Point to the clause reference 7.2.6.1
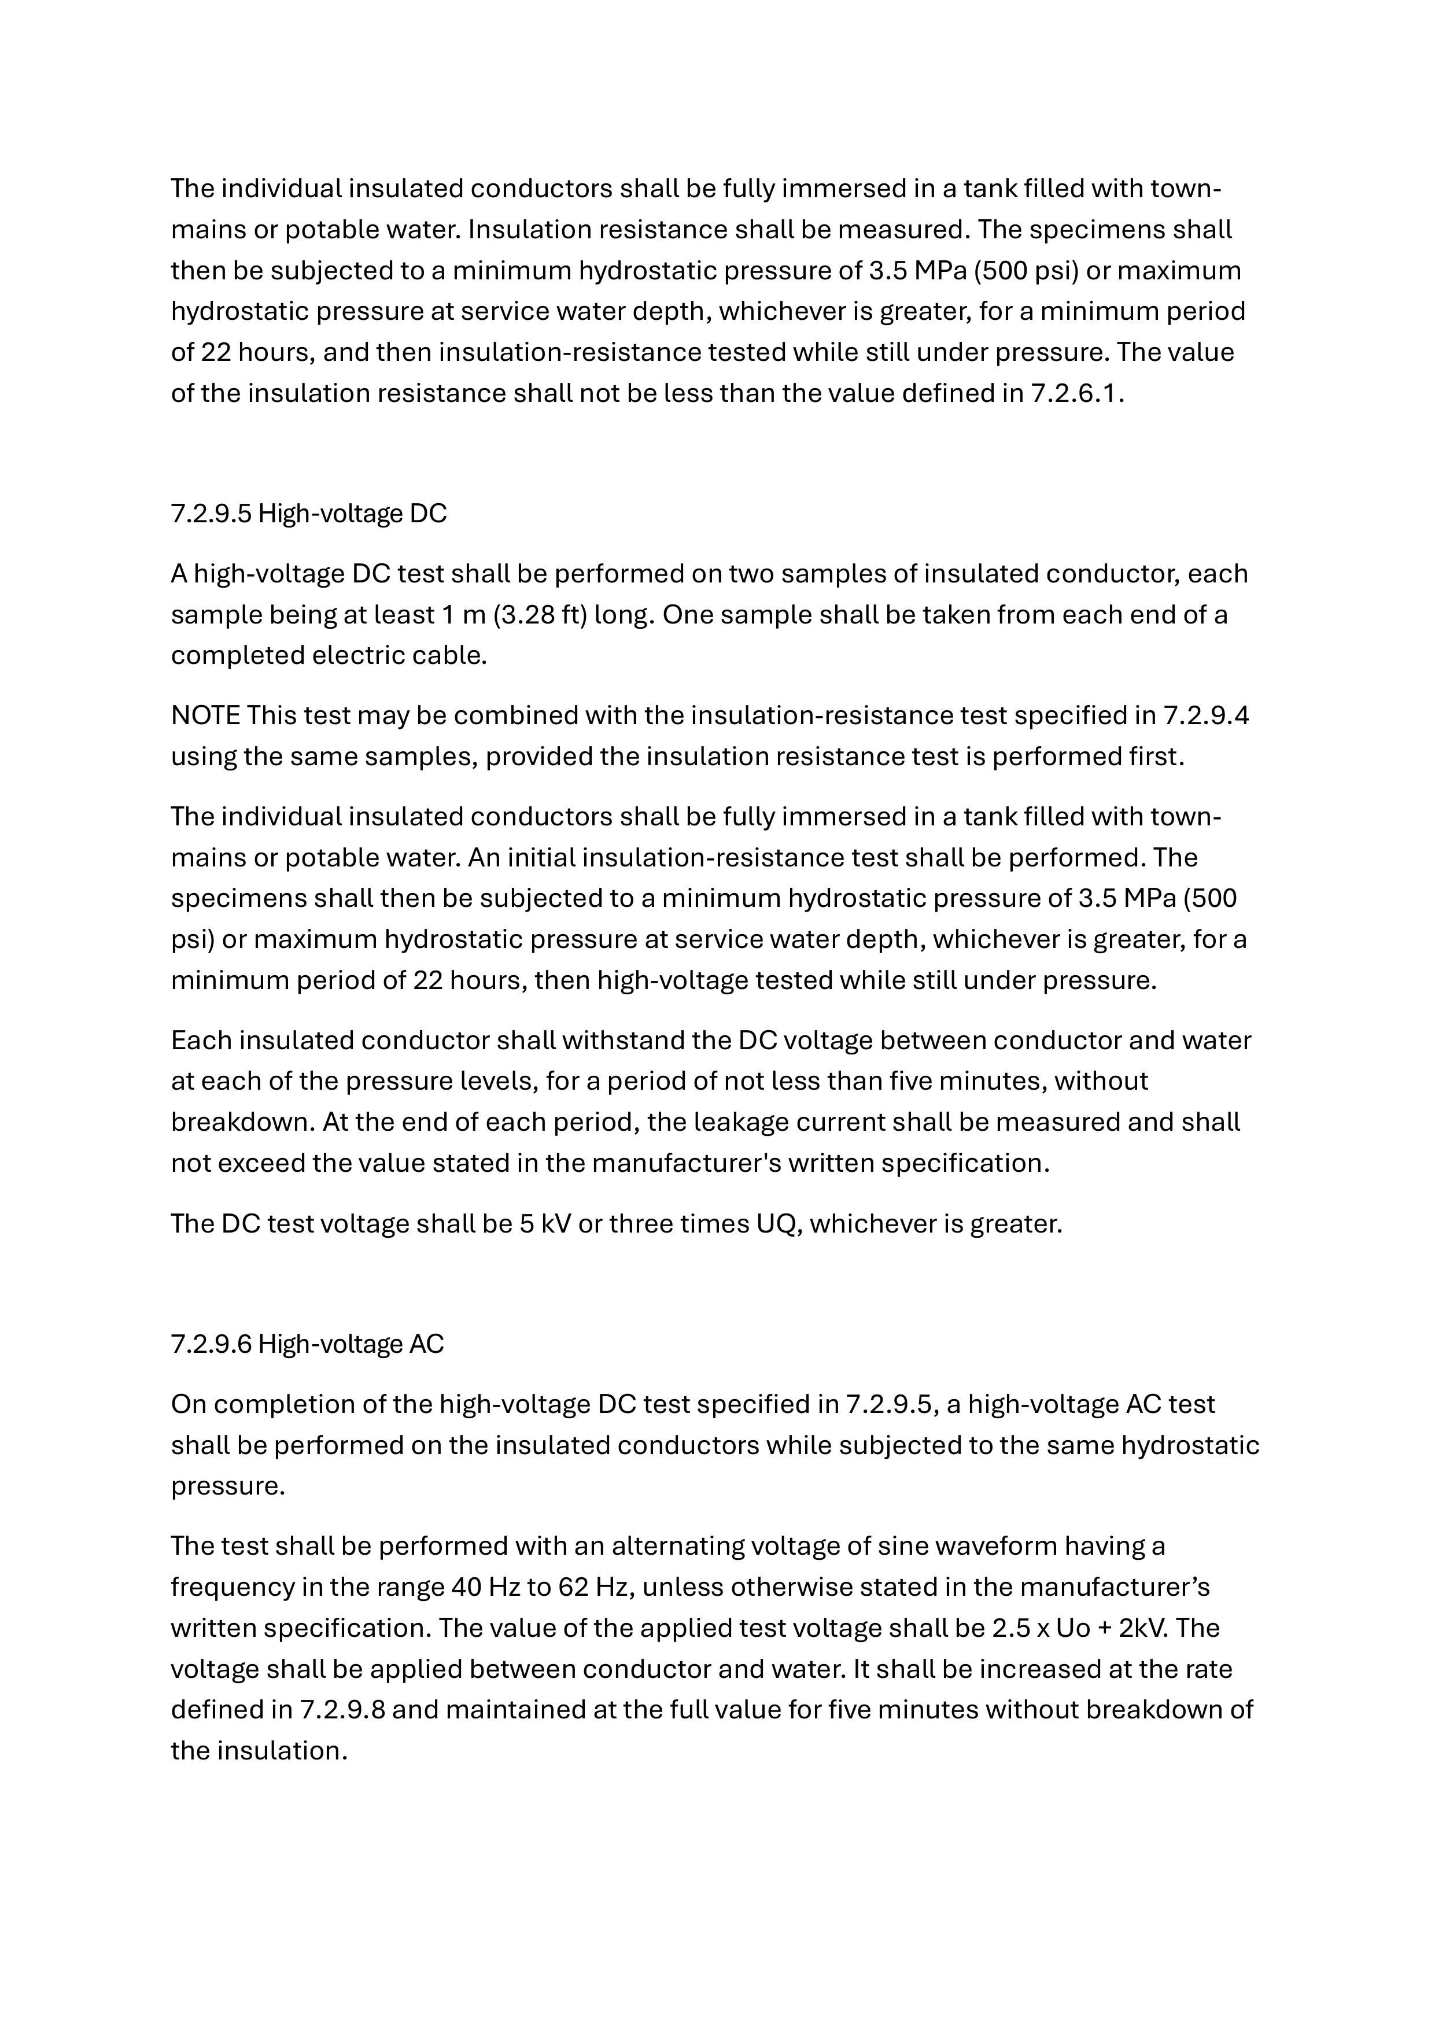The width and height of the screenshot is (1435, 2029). coord(1076,393)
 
